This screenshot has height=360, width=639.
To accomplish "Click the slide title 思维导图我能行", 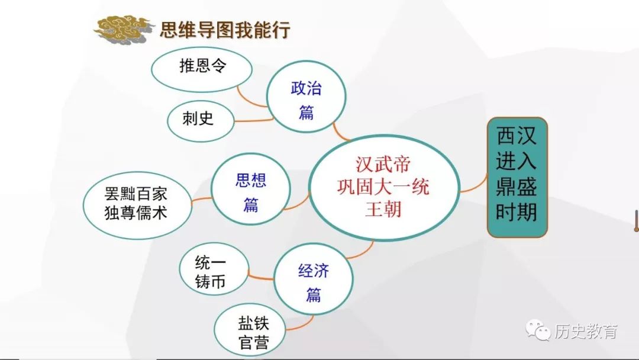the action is (x=225, y=30).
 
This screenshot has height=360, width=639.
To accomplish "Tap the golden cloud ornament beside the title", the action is (x=122, y=30).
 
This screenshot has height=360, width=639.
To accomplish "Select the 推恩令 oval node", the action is (x=202, y=70).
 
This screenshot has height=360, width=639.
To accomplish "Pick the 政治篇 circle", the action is (x=306, y=97).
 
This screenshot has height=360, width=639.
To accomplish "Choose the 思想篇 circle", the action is (x=251, y=189).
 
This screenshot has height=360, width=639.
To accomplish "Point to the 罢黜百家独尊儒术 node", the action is (x=137, y=205).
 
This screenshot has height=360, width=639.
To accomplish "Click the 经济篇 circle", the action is (x=314, y=279).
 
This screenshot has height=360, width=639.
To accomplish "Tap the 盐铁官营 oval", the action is (x=250, y=330).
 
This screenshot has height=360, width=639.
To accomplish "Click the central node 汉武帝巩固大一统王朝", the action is (x=385, y=188).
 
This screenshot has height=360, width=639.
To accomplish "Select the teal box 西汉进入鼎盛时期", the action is (x=517, y=178).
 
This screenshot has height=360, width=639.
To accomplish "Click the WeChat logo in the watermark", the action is (x=538, y=330).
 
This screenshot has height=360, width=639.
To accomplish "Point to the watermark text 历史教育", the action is (x=586, y=331).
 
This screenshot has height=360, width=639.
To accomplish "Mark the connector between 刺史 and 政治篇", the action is (x=253, y=120).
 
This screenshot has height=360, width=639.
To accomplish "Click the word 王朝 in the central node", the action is (x=383, y=210).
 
